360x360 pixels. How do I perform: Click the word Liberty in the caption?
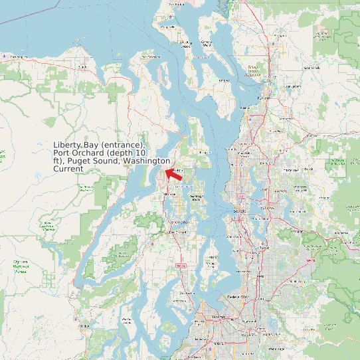[66, 145]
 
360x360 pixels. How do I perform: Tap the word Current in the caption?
[68, 169]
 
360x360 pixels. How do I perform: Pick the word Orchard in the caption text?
[84, 153]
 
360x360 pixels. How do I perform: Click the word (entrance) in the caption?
[122, 145]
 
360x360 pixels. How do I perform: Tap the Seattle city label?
[240, 211]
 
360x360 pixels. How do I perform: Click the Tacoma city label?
[219, 317]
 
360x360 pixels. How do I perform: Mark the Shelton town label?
[84, 326]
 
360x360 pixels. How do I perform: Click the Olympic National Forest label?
[21, 266]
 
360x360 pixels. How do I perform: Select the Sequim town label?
[82, 67]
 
